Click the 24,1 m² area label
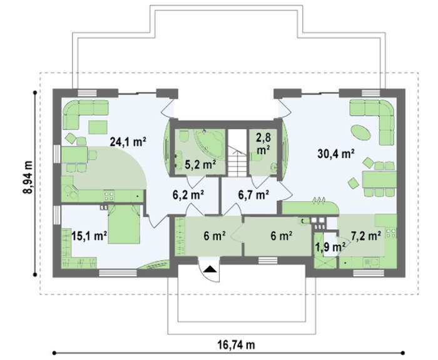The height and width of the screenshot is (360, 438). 128,141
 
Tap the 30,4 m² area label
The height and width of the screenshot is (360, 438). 336,154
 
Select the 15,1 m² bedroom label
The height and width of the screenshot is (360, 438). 89,236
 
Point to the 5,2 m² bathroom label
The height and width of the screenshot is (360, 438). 200,165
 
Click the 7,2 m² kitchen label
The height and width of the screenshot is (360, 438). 366,236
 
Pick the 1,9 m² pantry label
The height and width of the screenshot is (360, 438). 330,247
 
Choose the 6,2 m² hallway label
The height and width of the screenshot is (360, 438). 188,195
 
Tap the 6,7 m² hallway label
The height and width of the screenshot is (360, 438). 253,195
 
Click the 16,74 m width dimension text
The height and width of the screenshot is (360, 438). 237,345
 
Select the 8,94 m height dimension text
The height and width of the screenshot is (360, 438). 28,177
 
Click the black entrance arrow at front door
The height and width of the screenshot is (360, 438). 210,269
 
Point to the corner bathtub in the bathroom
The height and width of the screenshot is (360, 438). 210,143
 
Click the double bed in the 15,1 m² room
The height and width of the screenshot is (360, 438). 124,224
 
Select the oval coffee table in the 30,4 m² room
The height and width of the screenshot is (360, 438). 360,132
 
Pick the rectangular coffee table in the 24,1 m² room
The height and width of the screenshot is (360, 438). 98,127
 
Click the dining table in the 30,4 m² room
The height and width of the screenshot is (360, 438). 379,179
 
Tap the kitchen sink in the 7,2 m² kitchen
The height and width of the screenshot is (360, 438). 372,263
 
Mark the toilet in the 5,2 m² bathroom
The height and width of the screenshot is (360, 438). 184,136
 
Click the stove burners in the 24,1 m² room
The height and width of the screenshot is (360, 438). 109,195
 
